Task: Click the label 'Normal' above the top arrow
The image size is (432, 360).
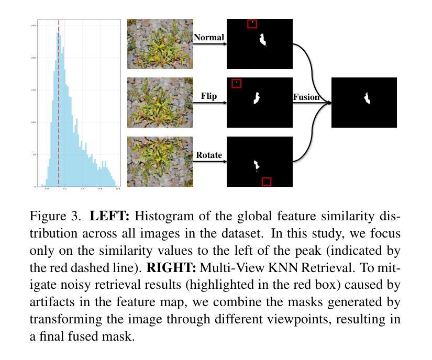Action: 209,38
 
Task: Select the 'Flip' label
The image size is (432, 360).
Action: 209,96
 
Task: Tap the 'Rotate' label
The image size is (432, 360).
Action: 209,155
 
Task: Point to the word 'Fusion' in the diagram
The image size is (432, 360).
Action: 306,97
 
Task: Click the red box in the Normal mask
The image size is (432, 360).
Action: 252,24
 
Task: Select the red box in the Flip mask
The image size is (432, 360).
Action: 237,83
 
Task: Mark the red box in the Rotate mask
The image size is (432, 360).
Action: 267,182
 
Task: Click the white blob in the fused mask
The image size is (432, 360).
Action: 368,98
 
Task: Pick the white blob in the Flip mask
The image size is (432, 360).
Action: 257,98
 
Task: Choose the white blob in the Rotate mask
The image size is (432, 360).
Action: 257,165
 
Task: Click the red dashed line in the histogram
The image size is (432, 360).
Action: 59,105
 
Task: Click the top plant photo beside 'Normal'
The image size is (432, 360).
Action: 160,44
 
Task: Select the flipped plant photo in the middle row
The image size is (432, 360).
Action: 160,103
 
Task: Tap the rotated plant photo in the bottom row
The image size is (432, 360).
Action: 160,162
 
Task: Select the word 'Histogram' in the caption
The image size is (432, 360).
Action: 158,216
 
